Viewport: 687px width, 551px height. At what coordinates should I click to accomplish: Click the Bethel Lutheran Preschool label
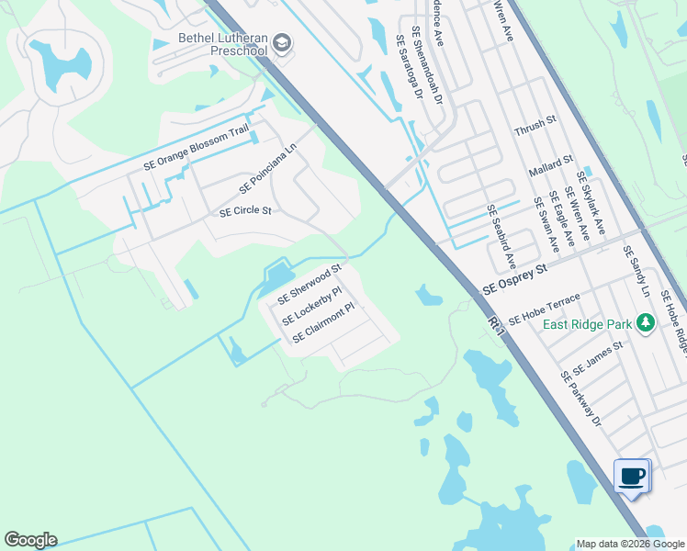click(222, 44)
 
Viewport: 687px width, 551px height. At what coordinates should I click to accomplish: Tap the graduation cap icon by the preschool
click(282, 43)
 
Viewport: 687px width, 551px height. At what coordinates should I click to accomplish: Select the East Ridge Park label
click(587, 324)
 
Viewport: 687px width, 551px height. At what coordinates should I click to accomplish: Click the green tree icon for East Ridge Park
click(646, 323)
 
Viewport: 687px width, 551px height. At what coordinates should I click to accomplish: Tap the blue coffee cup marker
click(632, 477)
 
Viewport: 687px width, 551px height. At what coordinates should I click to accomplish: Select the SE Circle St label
click(245, 211)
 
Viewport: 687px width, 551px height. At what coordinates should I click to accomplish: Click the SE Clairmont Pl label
click(322, 325)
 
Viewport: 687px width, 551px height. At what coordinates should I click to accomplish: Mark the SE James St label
click(597, 358)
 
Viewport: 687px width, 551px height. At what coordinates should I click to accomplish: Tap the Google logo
click(30, 540)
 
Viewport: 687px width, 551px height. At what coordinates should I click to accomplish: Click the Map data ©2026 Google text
click(629, 544)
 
